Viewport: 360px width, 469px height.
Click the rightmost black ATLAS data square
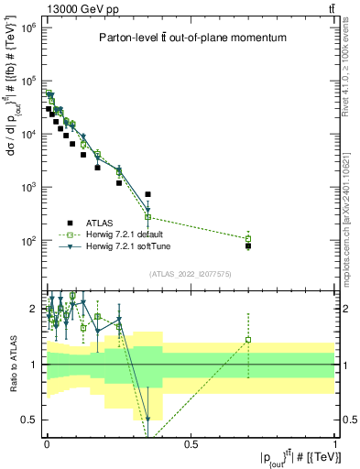coord(248,245)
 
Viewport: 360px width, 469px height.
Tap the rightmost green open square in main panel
coord(248,238)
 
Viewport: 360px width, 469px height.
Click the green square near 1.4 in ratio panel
coord(248,340)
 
